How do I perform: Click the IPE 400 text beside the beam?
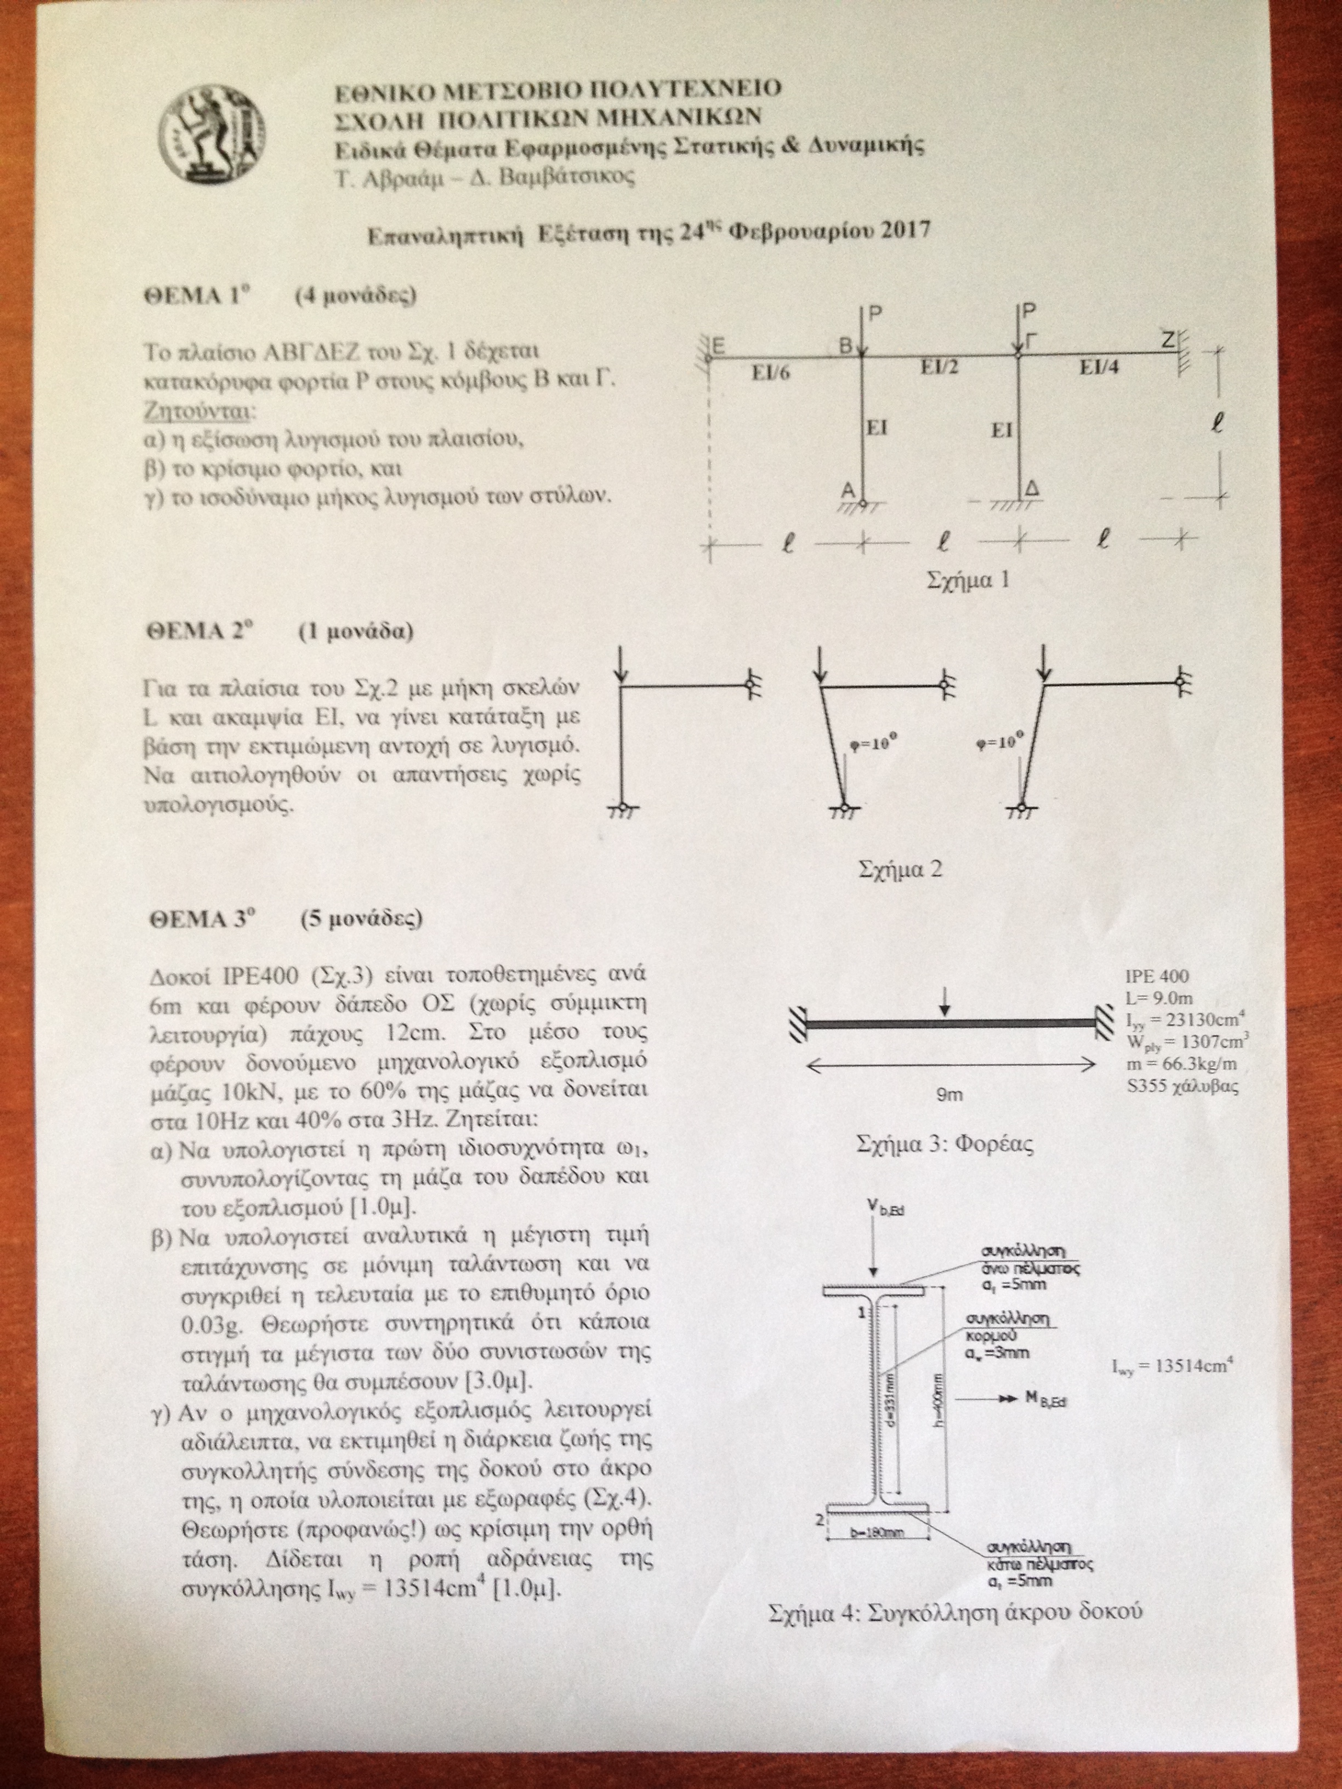tap(1158, 977)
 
